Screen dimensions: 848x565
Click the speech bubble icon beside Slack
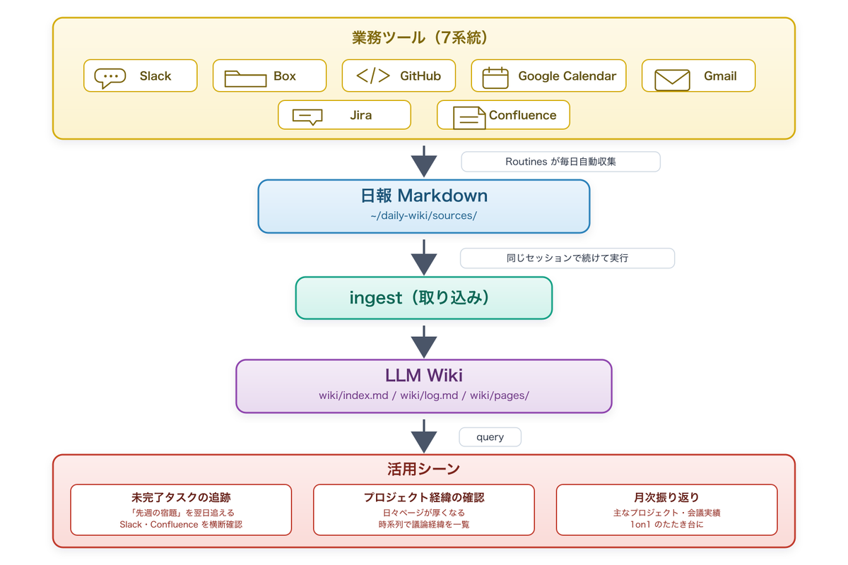pyautogui.click(x=110, y=78)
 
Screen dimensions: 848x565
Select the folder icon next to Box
pyautogui.click(x=245, y=78)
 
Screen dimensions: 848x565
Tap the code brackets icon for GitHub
pyautogui.click(x=373, y=76)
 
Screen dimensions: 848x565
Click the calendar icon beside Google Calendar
pyautogui.click(x=495, y=78)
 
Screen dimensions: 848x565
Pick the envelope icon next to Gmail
pyautogui.click(x=672, y=80)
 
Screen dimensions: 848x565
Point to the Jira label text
pyautogui.click(x=361, y=115)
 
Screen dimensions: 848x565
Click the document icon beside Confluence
pyautogui.click(x=469, y=118)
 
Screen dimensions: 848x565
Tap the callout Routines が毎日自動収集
pyautogui.click(x=560, y=162)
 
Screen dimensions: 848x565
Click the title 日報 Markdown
pyautogui.click(x=423, y=196)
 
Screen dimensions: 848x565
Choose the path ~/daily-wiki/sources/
pyautogui.click(x=423, y=215)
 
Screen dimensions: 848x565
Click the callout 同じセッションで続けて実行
pyautogui.click(x=567, y=258)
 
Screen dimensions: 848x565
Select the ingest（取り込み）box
pyautogui.click(x=423, y=298)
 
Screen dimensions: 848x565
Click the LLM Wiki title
pyautogui.click(x=423, y=376)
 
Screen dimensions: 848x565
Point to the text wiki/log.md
pyautogui.click(x=429, y=395)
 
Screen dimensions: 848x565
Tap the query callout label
pyautogui.click(x=490, y=437)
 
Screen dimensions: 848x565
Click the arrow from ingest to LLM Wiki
pyautogui.click(x=423, y=342)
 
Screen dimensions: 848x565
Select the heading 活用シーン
pyautogui.click(x=423, y=469)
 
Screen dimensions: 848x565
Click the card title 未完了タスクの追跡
pyautogui.click(x=181, y=497)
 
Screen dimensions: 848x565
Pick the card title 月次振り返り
pyautogui.click(x=666, y=497)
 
